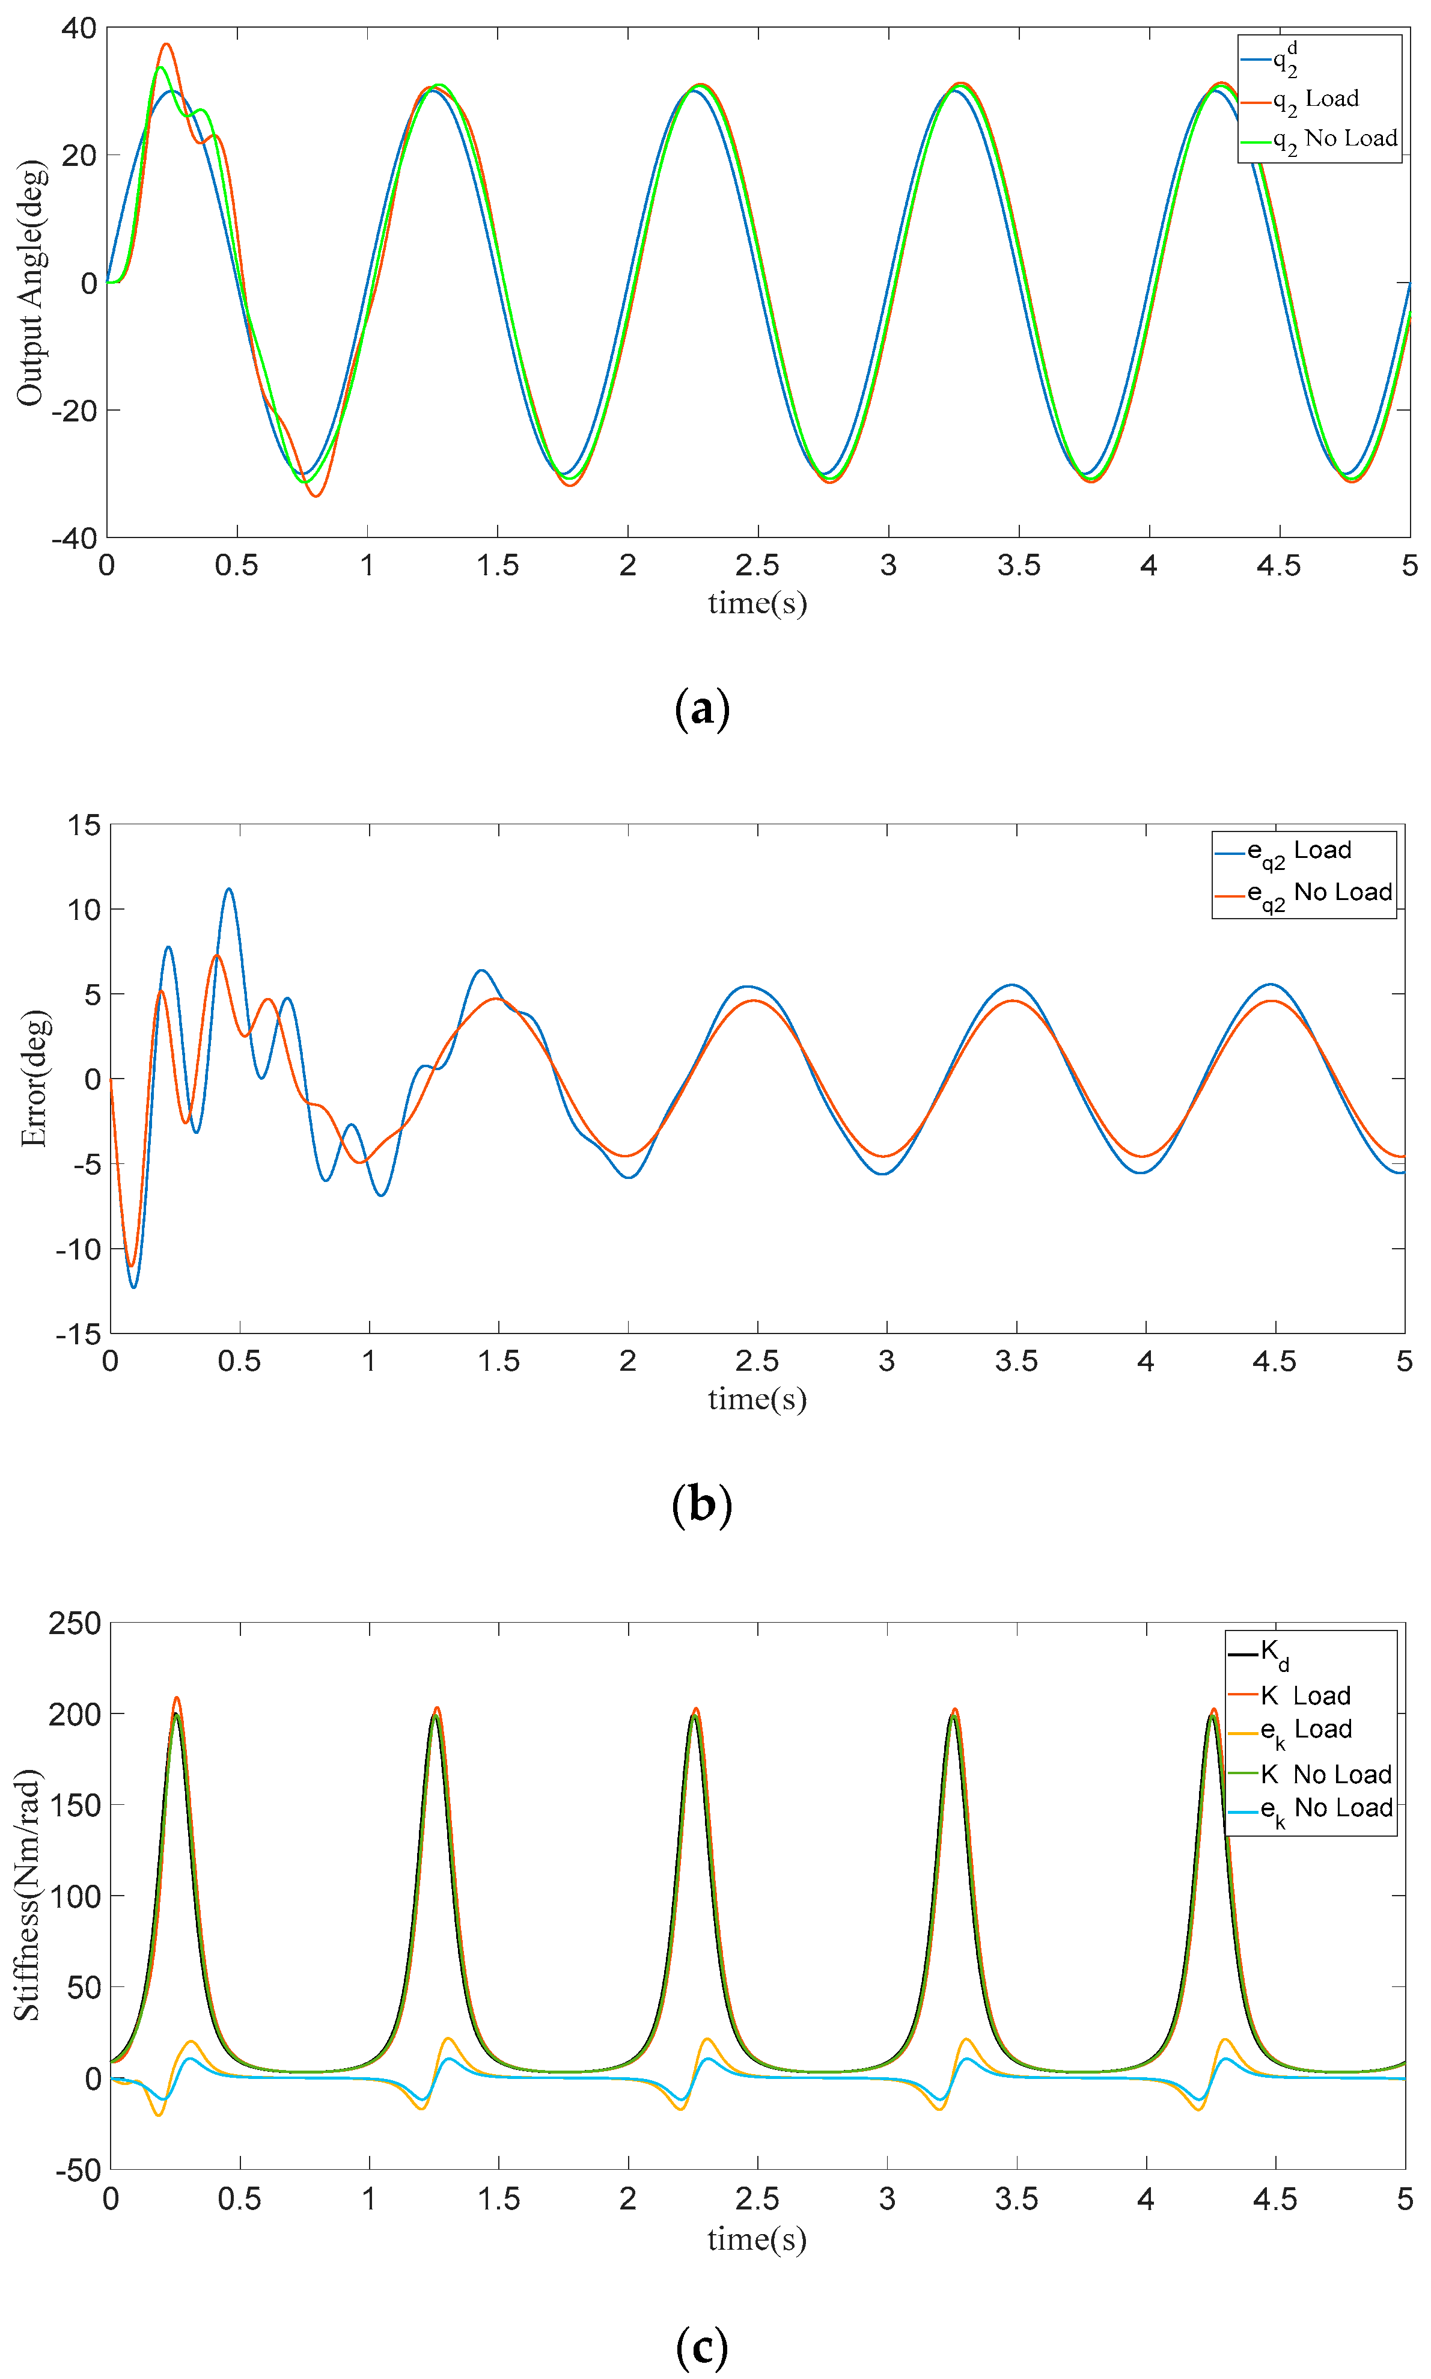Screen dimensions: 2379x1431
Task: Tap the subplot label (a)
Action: pos(702,709)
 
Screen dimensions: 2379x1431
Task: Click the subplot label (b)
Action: pos(702,1504)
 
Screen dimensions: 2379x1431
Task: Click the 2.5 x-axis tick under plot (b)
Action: pos(757,1362)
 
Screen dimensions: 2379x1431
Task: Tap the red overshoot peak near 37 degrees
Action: pos(166,44)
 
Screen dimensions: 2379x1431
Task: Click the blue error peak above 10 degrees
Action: pos(228,889)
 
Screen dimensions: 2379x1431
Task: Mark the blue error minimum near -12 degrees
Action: pos(134,1287)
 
